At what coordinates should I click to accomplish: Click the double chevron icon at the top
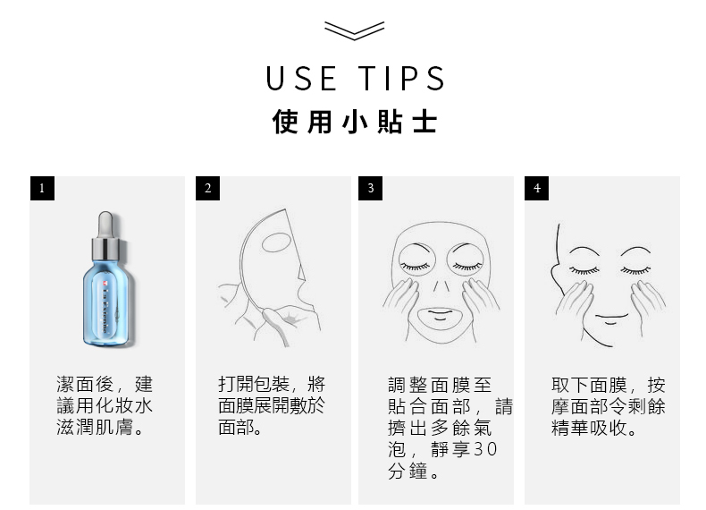tap(355, 30)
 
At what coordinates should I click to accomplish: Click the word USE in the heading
tap(301, 79)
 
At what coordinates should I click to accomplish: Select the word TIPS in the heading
tap(401, 79)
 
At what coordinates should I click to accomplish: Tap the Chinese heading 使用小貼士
tap(355, 122)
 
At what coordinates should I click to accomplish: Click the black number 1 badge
tap(42, 188)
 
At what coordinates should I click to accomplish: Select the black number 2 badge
tap(207, 188)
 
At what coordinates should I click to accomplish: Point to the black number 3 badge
tap(370, 188)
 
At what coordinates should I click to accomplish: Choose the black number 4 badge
tap(536, 188)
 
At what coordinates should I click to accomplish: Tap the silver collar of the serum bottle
tap(105, 250)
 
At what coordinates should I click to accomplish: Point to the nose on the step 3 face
tap(441, 285)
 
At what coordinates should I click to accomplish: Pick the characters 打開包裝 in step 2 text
tap(254, 384)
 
